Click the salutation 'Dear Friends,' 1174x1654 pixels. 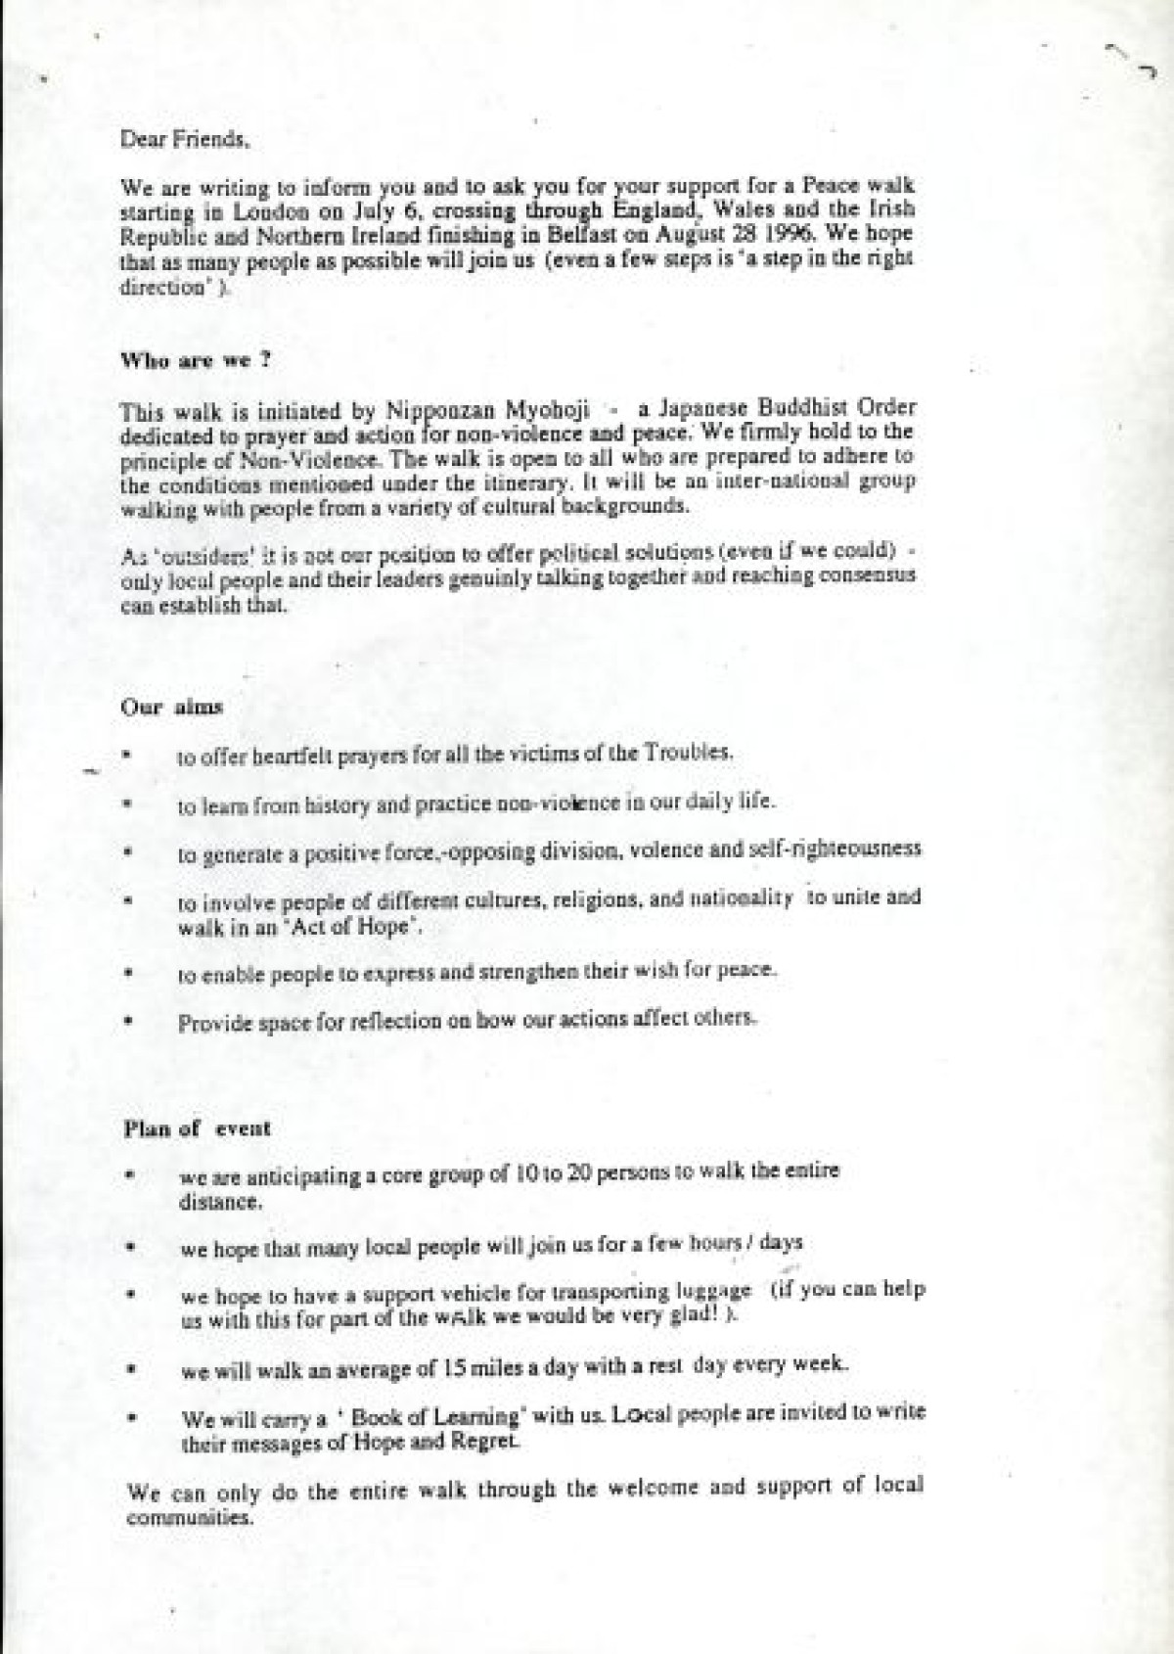coord(184,139)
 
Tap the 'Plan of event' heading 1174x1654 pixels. coord(197,1127)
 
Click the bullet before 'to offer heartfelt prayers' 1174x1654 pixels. coord(127,756)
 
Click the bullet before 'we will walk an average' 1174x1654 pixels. coord(129,1372)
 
